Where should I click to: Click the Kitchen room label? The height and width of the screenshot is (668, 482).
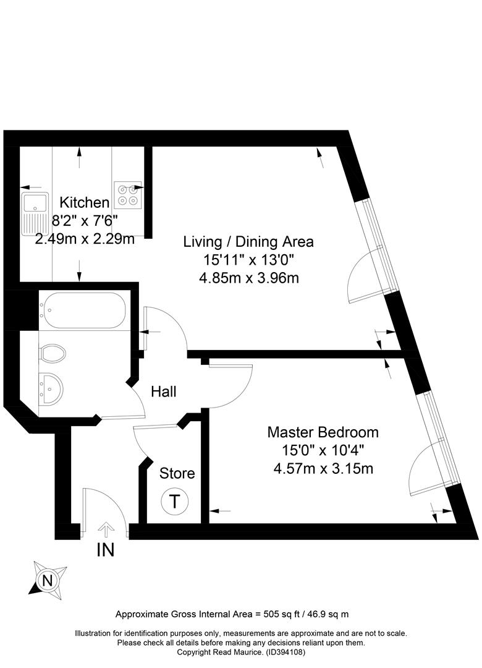tap(84, 202)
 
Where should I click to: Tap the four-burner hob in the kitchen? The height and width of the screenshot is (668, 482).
tap(128, 195)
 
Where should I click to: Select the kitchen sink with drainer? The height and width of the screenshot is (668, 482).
tap(35, 214)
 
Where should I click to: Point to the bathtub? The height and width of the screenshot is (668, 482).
tap(82, 310)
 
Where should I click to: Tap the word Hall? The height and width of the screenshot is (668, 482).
tap(164, 392)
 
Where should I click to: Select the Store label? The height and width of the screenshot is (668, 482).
tap(177, 473)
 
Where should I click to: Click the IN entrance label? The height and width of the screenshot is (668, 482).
tap(106, 550)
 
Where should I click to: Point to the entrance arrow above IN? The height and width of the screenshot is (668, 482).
tap(106, 529)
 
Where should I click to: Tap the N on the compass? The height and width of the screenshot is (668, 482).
tap(48, 580)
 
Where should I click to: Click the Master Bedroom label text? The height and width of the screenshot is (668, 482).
tap(323, 432)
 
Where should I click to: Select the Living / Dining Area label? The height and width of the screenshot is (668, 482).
tap(248, 242)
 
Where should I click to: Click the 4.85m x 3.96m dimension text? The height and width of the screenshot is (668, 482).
tap(248, 278)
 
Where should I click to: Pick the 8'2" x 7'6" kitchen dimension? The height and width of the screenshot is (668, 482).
tap(84, 220)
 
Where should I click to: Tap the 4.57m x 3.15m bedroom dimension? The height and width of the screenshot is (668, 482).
tap(323, 469)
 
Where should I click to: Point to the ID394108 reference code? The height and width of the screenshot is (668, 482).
tap(285, 652)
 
